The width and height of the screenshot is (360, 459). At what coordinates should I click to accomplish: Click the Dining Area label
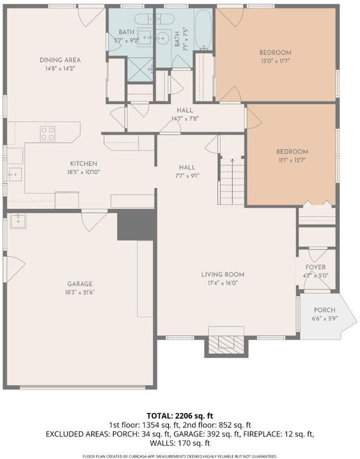tap(60, 60)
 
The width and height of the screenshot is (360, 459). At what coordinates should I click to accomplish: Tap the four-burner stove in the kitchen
tap(48, 133)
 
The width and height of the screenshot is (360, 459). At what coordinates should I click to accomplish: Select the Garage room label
tap(80, 284)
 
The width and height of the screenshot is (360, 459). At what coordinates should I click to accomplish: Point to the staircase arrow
tap(232, 181)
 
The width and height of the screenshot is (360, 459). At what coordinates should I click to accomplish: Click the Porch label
tap(325, 310)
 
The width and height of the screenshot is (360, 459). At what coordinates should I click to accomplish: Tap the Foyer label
tap(316, 267)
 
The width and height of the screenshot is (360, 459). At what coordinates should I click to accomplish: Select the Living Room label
tap(223, 275)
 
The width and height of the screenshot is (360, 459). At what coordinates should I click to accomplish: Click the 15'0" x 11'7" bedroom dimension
tap(275, 61)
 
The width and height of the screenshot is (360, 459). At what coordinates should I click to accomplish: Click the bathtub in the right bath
tap(203, 29)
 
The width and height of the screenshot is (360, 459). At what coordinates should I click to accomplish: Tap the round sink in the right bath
tap(161, 37)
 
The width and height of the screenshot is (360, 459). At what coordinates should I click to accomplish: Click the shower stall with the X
tap(140, 70)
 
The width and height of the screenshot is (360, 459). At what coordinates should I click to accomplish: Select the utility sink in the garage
tap(18, 221)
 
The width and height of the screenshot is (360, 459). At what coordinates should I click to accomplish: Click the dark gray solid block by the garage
tap(136, 225)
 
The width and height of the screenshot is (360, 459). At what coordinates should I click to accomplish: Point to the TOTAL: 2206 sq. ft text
tap(180, 416)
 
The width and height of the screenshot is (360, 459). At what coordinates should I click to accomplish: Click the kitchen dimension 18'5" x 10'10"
tap(84, 172)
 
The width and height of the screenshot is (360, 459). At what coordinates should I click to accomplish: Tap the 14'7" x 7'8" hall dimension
tap(185, 119)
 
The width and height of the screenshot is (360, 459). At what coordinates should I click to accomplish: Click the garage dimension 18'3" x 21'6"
tap(80, 292)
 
